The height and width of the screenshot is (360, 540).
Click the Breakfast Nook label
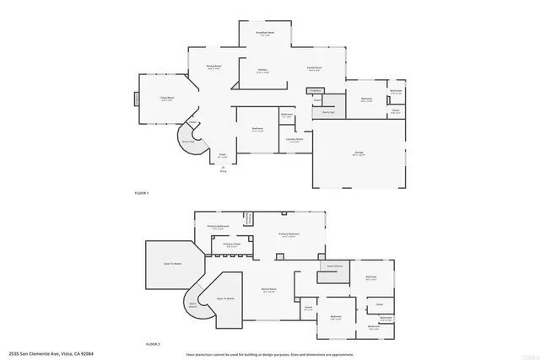point(264,34)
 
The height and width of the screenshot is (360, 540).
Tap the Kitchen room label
point(263,71)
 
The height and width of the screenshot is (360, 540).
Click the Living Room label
point(167,99)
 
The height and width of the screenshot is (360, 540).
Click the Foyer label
point(224,155)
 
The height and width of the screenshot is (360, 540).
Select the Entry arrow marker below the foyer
point(224,169)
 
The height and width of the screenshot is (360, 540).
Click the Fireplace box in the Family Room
point(315,89)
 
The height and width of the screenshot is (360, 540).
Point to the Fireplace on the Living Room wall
point(136,99)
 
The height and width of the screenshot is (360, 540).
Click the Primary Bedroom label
point(292,235)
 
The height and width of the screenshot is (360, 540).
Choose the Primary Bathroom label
point(219,226)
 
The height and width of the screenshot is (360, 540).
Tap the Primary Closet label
point(231,245)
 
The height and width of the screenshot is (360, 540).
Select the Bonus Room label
point(270,290)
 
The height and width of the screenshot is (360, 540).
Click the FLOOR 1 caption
point(142,194)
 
